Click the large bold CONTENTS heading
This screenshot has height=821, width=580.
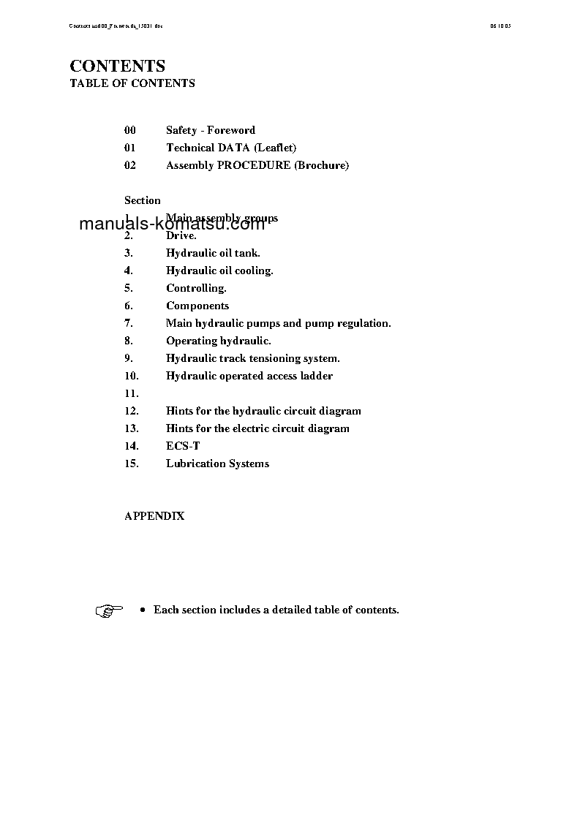[117, 66]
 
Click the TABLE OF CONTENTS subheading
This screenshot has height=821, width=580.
[132, 83]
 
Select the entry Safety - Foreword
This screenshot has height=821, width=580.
[211, 130]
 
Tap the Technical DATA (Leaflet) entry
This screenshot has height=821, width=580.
[231, 148]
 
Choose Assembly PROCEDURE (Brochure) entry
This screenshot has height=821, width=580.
[257, 165]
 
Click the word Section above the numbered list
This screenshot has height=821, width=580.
[142, 200]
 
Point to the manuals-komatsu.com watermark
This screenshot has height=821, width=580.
[172, 224]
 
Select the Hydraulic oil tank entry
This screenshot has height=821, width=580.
[213, 253]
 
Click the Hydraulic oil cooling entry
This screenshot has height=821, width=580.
[219, 270]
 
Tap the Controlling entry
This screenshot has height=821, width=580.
[196, 288]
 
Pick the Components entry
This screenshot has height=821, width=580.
[197, 306]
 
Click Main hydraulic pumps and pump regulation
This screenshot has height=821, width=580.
[279, 323]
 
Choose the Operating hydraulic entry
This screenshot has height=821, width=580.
[219, 341]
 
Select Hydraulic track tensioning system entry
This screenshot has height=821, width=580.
[253, 358]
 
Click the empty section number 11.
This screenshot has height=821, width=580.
[132, 393]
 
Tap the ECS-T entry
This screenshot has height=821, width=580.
[183, 446]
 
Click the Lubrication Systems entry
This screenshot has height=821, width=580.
[217, 464]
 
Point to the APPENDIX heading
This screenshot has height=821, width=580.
[154, 516]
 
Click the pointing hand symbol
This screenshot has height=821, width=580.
[109, 610]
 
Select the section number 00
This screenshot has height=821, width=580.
[130, 130]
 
